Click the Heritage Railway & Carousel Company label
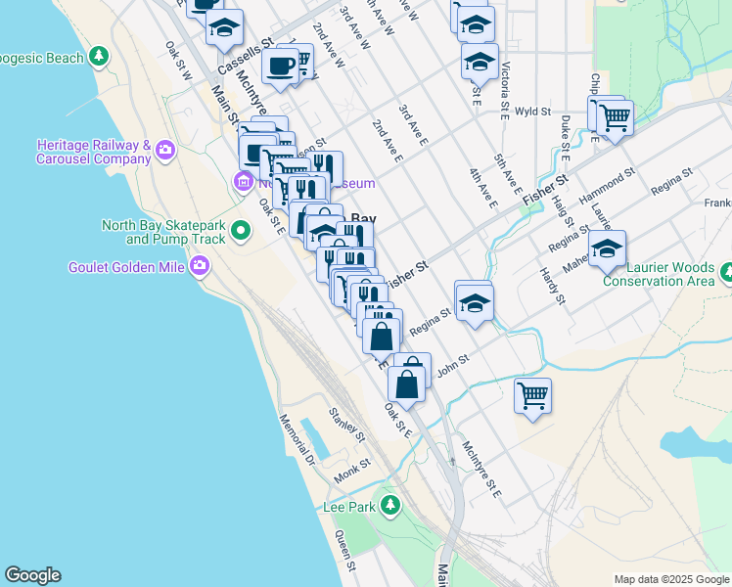(92, 150)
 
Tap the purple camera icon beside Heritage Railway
(165, 150)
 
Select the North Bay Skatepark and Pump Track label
(163, 232)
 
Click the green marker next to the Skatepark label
(242, 231)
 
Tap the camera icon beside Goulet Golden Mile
(201, 265)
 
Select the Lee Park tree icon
(390, 506)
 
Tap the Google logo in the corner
(32, 575)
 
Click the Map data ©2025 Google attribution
(671, 579)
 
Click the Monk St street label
(352, 471)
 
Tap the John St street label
(454, 364)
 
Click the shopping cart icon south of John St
(532, 395)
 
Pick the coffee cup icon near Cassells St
(281, 67)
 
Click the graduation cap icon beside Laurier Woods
(607, 248)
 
